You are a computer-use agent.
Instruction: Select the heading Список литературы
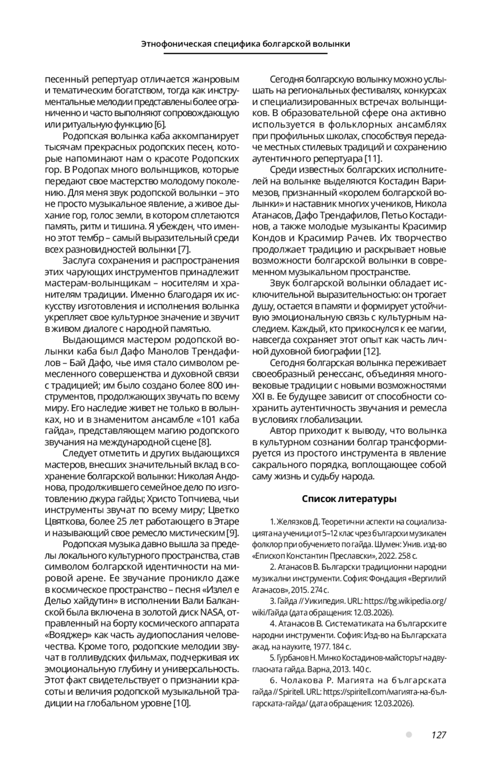(349, 499)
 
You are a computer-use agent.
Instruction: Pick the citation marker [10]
(182, 703)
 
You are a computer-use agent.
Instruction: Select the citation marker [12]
(372, 351)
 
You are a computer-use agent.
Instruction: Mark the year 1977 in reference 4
(320, 647)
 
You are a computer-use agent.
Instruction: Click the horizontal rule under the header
(245, 54)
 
